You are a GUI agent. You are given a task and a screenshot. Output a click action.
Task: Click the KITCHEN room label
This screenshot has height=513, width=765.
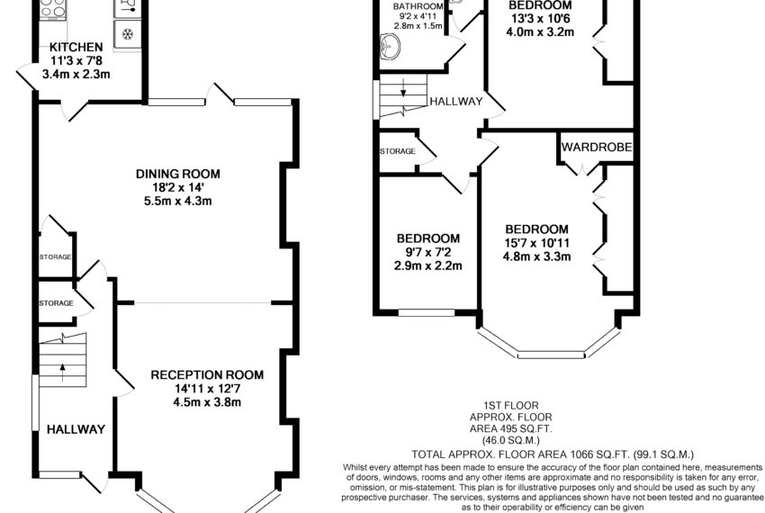[76, 48]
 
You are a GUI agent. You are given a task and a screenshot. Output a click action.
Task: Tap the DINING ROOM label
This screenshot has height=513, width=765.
[178, 174]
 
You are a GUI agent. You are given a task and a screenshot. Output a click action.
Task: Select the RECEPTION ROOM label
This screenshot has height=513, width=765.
[207, 375]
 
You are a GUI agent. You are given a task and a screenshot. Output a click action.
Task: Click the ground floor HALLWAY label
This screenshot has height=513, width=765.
[76, 429]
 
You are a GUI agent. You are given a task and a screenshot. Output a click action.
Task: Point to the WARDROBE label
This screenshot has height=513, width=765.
[597, 147]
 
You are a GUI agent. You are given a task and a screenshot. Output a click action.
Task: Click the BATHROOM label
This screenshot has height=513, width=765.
[418, 7]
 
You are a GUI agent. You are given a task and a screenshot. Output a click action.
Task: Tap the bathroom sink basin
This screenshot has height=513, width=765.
[390, 47]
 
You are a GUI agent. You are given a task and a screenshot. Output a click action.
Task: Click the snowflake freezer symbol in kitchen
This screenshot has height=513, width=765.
[127, 34]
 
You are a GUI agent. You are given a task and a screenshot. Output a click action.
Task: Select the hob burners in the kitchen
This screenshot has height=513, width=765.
[53, 9]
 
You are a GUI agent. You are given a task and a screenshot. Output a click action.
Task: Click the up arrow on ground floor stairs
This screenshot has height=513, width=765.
[62, 373]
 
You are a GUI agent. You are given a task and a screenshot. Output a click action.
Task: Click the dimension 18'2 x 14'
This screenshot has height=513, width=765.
[178, 187]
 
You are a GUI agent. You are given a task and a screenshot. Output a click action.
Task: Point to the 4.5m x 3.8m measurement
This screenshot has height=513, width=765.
[207, 402]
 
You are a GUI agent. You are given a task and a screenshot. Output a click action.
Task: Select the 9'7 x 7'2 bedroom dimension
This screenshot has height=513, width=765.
[428, 252]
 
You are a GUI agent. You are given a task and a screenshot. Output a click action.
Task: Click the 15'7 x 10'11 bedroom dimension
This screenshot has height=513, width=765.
[536, 243]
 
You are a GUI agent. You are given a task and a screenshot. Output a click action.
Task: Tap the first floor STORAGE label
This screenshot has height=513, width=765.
[398, 151]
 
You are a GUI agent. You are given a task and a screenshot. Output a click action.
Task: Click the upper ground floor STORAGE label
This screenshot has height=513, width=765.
[55, 256]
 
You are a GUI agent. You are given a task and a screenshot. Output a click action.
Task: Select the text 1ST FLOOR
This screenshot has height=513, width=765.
[511, 406]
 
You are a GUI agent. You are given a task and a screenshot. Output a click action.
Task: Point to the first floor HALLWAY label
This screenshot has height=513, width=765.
[456, 101]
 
